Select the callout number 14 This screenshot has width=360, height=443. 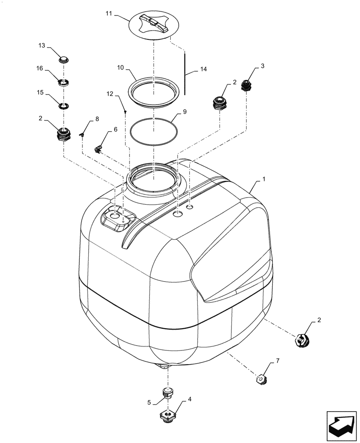click(203, 70)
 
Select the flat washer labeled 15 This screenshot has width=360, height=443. click(64, 106)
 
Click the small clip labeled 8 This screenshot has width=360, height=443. click(82, 135)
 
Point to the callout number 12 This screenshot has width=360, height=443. click(110, 94)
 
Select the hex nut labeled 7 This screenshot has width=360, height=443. click(261, 379)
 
